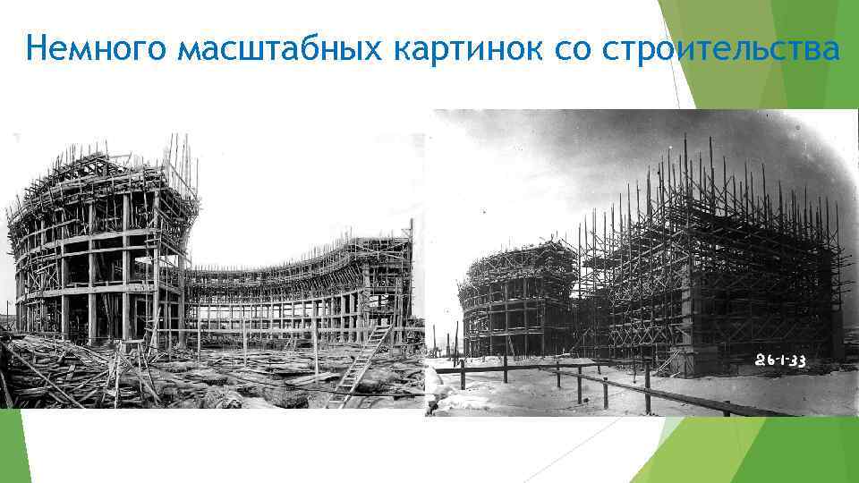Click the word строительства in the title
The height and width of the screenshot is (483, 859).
coord(722,49)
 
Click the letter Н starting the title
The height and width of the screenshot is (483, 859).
coord(36,49)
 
